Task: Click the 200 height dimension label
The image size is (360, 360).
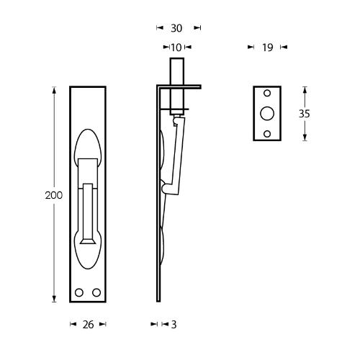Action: pos(54,195)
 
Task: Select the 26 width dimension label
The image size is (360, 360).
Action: pos(88,325)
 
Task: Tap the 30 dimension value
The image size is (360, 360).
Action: pos(176,28)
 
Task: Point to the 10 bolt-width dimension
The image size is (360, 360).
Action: pos(176,48)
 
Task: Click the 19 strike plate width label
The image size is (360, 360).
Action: pos(268,48)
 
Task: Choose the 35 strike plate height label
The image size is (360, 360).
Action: pos(305,114)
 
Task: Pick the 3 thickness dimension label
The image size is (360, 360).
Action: pos(174,325)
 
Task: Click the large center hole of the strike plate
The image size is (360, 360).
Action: pos(267,113)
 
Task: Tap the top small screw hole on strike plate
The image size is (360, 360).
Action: pos(267,93)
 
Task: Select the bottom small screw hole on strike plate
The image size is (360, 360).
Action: pos(267,134)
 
